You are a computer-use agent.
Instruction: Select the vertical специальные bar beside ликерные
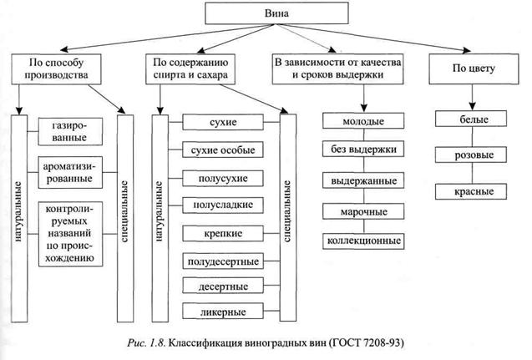pyautogui.click(x=289, y=217)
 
